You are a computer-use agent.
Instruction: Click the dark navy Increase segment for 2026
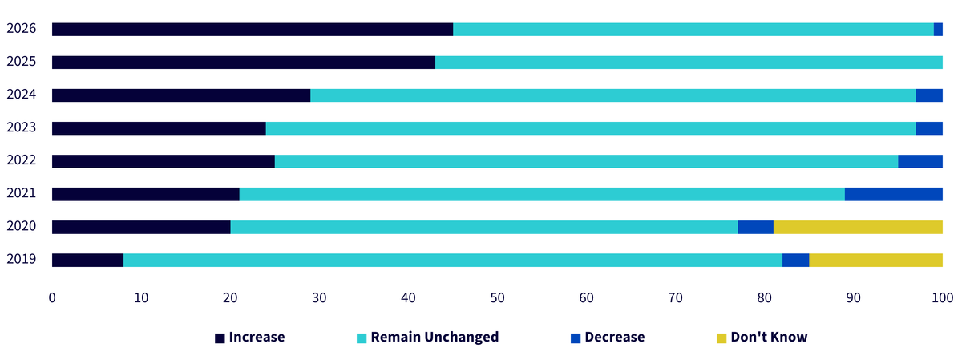253,29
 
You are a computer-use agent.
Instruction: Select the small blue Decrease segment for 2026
938,29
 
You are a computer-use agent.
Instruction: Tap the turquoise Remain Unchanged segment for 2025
689,63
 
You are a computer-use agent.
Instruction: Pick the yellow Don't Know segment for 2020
858,227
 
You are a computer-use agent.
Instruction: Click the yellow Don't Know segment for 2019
875,261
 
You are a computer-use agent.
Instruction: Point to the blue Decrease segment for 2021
894,194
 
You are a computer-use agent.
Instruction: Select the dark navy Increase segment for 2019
87,261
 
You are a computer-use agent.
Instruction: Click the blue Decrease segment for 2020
755,227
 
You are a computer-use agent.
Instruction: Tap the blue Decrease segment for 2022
920,161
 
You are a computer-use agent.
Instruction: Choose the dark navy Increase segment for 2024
181,95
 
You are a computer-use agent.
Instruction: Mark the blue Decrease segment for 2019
796,261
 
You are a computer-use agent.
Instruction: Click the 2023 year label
22,127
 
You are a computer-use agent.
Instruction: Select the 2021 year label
22,193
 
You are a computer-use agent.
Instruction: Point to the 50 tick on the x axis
497,297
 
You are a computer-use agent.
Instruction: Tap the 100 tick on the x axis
942,297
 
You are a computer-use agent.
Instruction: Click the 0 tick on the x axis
52,297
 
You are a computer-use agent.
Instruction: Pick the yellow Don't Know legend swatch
721,338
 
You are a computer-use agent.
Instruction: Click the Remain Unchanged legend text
435,338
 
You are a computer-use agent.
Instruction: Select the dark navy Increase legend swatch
220,338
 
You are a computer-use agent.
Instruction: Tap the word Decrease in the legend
615,337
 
